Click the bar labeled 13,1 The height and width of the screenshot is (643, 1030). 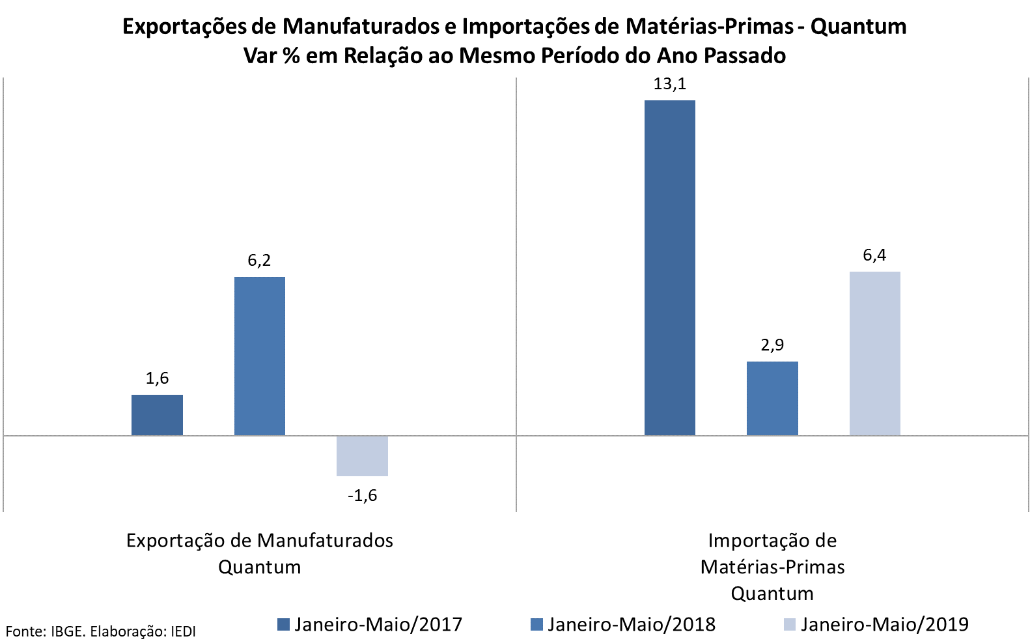pyautogui.click(x=669, y=267)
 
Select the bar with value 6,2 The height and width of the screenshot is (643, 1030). pyautogui.click(x=259, y=356)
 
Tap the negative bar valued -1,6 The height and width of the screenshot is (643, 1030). pyautogui.click(x=362, y=455)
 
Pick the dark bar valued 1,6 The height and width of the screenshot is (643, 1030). pyautogui.click(x=157, y=414)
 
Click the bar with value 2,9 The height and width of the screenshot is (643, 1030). pyautogui.click(x=772, y=398)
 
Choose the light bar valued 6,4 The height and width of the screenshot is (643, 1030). pyautogui.click(x=874, y=353)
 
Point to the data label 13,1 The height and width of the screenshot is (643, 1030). pyautogui.click(x=669, y=84)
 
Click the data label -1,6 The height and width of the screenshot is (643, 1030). pyautogui.click(x=362, y=496)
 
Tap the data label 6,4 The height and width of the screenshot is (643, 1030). pyautogui.click(x=874, y=255)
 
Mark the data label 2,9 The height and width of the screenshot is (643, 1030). pyautogui.click(x=772, y=345)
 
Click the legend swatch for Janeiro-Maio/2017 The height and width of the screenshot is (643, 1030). pyautogui.click(x=283, y=625)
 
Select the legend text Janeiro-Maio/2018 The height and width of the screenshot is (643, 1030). pyautogui.click(x=631, y=625)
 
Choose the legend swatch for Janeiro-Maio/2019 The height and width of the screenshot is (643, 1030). pyautogui.click(x=789, y=625)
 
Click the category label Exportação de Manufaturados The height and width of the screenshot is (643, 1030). pyautogui.click(x=259, y=541)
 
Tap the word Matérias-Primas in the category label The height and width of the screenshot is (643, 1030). pyautogui.click(x=772, y=567)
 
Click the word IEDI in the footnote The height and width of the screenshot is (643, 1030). pyautogui.click(x=182, y=631)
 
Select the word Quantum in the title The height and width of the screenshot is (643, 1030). pyautogui.click(x=858, y=27)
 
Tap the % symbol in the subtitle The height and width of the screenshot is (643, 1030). pyautogui.click(x=290, y=56)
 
